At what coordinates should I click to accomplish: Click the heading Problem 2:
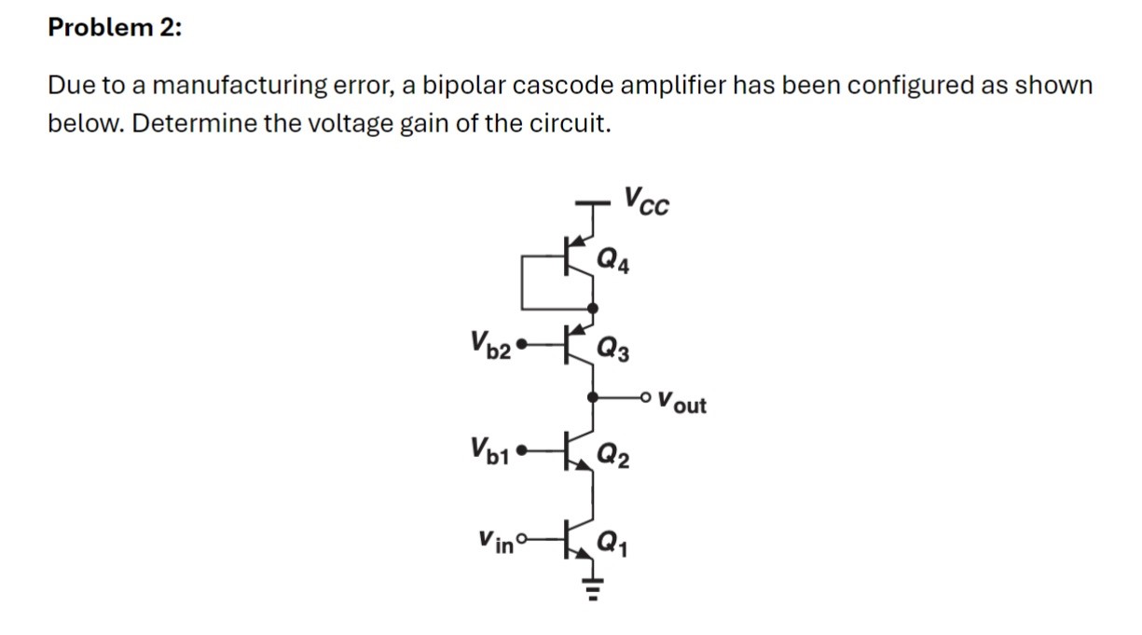pyautogui.click(x=115, y=28)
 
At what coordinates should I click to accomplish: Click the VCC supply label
pyautogui.click(x=646, y=200)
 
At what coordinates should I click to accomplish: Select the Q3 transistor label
pyautogui.click(x=616, y=352)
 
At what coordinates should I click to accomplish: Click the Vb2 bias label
pyautogui.click(x=491, y=350)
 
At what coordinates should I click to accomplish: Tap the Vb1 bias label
pyautogui.click(x=491, y=454)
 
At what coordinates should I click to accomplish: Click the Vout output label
pyautogui.click(x=681, y=405)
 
